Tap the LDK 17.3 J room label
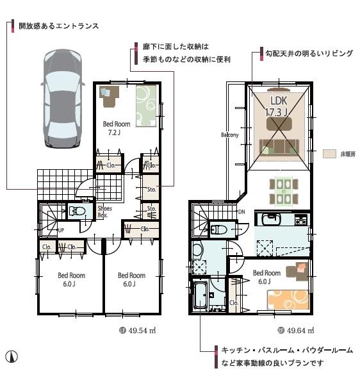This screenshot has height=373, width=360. (x=277, y=106)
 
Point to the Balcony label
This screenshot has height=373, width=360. (x=229, y=135)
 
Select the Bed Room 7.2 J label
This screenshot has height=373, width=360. (x=116, y=128)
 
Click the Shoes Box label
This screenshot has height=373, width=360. (x=104, y=211)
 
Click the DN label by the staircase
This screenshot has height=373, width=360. (x=241, y=211)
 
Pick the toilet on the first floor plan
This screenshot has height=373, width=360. (x=79, y=211)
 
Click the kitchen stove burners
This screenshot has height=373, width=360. (x=300, y=220)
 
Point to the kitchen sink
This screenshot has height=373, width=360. (x=270, y=219)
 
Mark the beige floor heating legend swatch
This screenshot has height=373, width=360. (x=329, y=154)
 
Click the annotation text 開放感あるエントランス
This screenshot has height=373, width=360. (x=58, y=26)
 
